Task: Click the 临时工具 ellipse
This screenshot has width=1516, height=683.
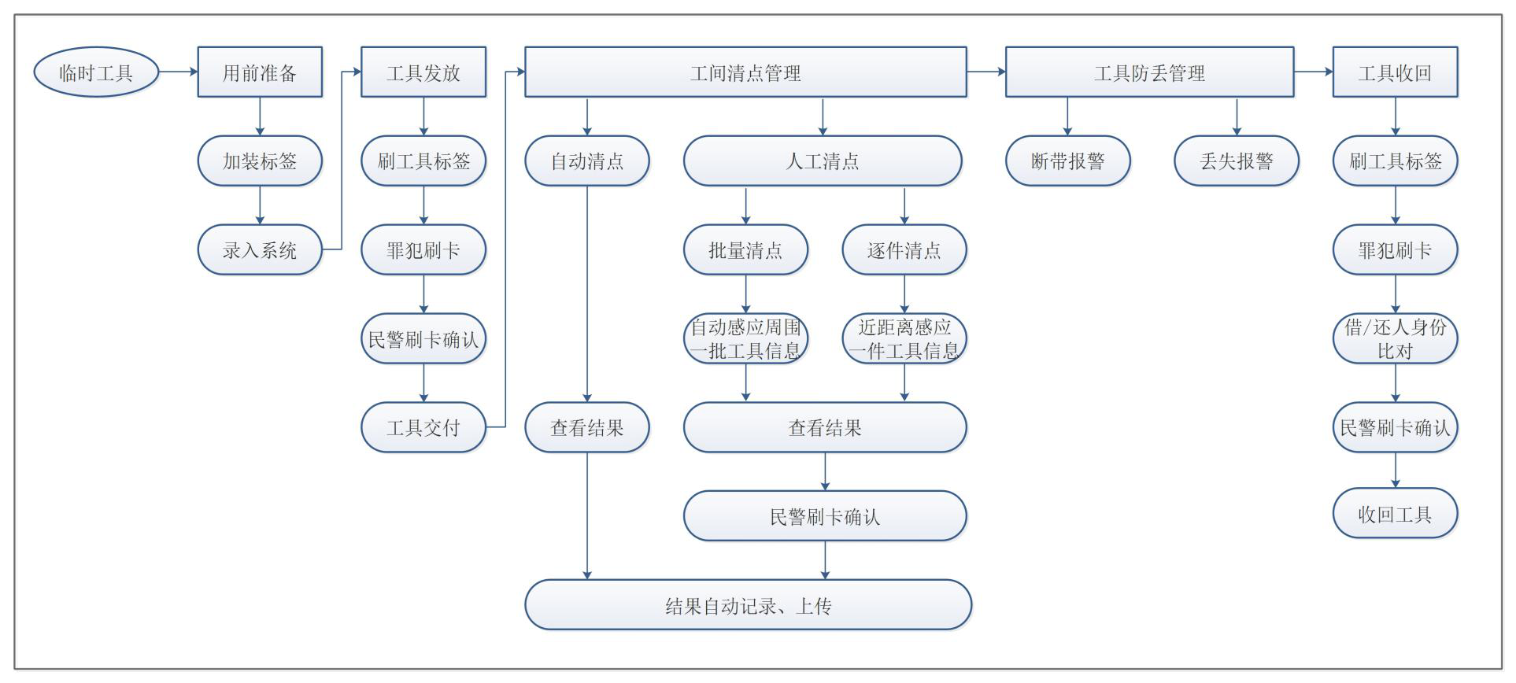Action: pyautogui.click(x=96, y=72)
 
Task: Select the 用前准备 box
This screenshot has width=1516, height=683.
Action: pyautogui.click(x=260, y=72)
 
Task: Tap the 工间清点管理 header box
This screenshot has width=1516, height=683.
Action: pyautogui.click(x=745, y=72)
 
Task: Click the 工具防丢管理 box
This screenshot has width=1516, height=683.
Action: pyautogui.click(x=1149, y=72)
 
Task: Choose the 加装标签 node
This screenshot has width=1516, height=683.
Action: pyautogui.click(x=260, y=161)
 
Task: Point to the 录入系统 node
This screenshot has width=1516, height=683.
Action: pyautogui.click(x=260, y=249)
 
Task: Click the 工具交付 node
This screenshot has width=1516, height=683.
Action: pyautogui.click(x=423, y=427)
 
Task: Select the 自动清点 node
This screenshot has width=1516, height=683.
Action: pyautogui.click(x=587, y=161)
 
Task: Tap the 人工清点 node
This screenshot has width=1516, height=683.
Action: pyautogui.click(x=823, y=161)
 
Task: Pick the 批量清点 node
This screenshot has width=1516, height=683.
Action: pyautogui.click(x=745, y=249)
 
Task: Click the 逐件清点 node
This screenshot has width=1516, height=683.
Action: pyautogui.click(x=904, y=249)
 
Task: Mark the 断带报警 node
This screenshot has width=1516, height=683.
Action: pyautogui.click(x=1068, y=161)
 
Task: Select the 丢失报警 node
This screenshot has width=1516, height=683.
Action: pyautogui.click(x=1237, y=161)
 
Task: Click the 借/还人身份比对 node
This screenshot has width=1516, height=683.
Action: pyautogui.click(x=1395, y=338)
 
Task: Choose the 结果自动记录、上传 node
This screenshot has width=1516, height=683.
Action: pyautogui.click(x=749, y=605)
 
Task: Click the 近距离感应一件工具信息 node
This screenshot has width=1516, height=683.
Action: pyautogui.click(x=904, y=338)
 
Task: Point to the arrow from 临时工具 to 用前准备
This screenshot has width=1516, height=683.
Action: pyautogui.click(x=179, y=72)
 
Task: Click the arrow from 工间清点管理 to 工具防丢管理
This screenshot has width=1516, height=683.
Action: pyautogui.click(x=986, y=72)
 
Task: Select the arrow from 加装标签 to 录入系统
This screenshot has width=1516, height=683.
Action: pyautogui.click(x=260, y=205)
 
